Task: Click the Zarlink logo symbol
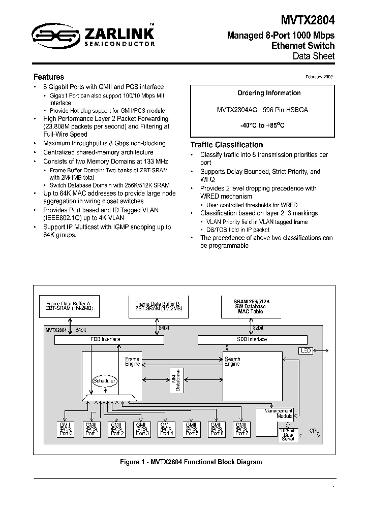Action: pos(51,36)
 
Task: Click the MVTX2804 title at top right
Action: pos(308,20)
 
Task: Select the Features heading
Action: pos(49,77)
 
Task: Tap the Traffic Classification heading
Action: pos(227,145)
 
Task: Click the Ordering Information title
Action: pos(262,93)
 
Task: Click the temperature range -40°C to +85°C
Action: pos(262,124)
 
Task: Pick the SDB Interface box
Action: pos(252,339)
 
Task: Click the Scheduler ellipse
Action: pos(104,380)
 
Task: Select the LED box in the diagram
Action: pos(306,350)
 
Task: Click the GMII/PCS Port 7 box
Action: pos(240,429)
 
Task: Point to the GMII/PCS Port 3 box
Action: pos(141,429)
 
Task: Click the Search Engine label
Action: pos(232,361)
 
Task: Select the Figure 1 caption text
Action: pos(191,462)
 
